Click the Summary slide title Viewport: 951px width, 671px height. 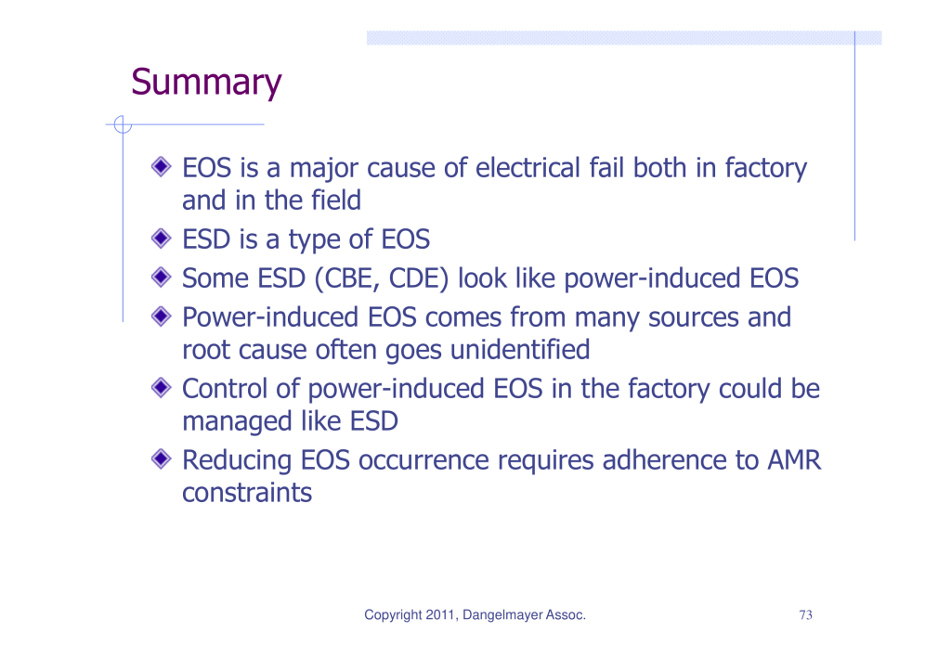(206, 83)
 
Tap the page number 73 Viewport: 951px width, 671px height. (805, 614)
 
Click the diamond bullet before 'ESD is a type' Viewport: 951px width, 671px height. (162, 239)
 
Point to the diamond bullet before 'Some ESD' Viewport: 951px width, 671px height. (162, 277)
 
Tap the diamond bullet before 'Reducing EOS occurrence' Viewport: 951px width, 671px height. (162, 458)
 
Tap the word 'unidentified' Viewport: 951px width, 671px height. (520, 350)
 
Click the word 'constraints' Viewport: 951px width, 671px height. (247, 493)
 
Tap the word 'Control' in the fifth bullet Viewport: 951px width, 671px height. (225, 389)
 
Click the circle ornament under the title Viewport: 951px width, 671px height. (123, 125)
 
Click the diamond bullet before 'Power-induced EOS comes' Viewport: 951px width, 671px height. (162, 316)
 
